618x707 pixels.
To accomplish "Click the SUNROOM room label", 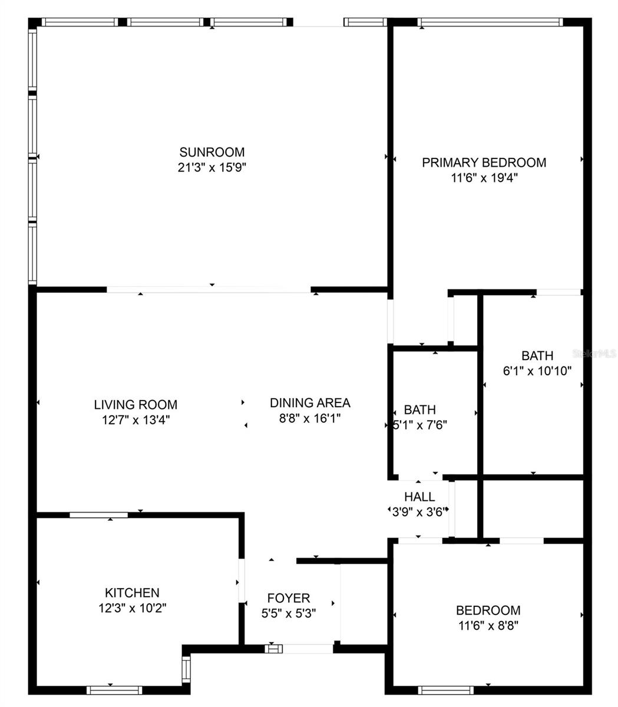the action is pyautogui.click(x=211, y=152).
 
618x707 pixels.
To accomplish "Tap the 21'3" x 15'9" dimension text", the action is pyautogui.click(x=211, y=167).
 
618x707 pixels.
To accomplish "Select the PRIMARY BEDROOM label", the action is pyautogui.click(x=484, y=163).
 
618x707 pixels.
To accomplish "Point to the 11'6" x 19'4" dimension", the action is pyautogui.click(x=484, y=178).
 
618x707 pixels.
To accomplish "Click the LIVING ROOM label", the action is pyautogui.click(x=136, y=405).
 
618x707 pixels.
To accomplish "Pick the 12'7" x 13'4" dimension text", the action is pyautogui.click(x=136, y=420).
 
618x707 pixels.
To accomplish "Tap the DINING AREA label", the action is pyautogui.click(x=310, y=403).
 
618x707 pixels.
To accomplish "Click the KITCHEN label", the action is pyautogui.click(x=133, y=593).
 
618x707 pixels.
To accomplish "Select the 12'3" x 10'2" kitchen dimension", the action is pyautogui.click(x=133, y=608).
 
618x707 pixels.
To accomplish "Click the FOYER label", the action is pyautogui.click(x=289, y=598).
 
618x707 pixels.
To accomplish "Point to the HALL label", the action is pyautogui.click(x=419, y=497).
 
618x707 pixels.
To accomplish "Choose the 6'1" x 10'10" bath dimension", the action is pyautogui.click(x=537, y=371).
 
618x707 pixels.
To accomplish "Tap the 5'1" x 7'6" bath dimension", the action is pyautogui.click(x=420, y=425).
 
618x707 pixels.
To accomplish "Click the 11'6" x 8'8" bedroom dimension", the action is pyautogui.click(x=488, y=626).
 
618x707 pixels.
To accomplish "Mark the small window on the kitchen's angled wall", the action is pyautogui.click(x=186, y=669).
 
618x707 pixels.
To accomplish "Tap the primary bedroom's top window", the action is pyautogui.click(x=490, y=22).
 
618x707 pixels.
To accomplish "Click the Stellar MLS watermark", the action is pyautogui.click(x=594, y=353).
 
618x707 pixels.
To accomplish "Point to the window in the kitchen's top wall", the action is pyautogui.click(x=98, y=515).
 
